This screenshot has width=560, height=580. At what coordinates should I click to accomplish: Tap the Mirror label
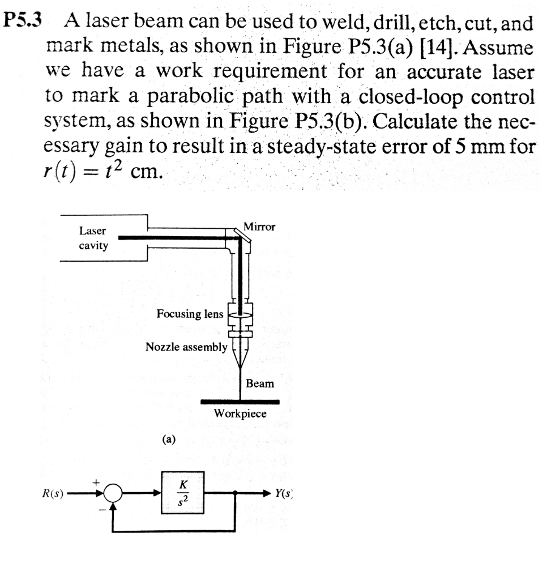click(259, 227)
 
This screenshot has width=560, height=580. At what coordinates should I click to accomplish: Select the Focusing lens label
click(190, 314)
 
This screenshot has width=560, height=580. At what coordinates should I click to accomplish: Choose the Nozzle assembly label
click(186, 346)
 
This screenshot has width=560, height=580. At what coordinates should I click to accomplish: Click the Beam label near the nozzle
click(260, 383)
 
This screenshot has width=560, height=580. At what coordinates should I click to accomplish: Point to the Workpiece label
click(240, 413)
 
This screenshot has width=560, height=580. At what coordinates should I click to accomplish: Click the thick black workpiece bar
click(240, 402)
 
